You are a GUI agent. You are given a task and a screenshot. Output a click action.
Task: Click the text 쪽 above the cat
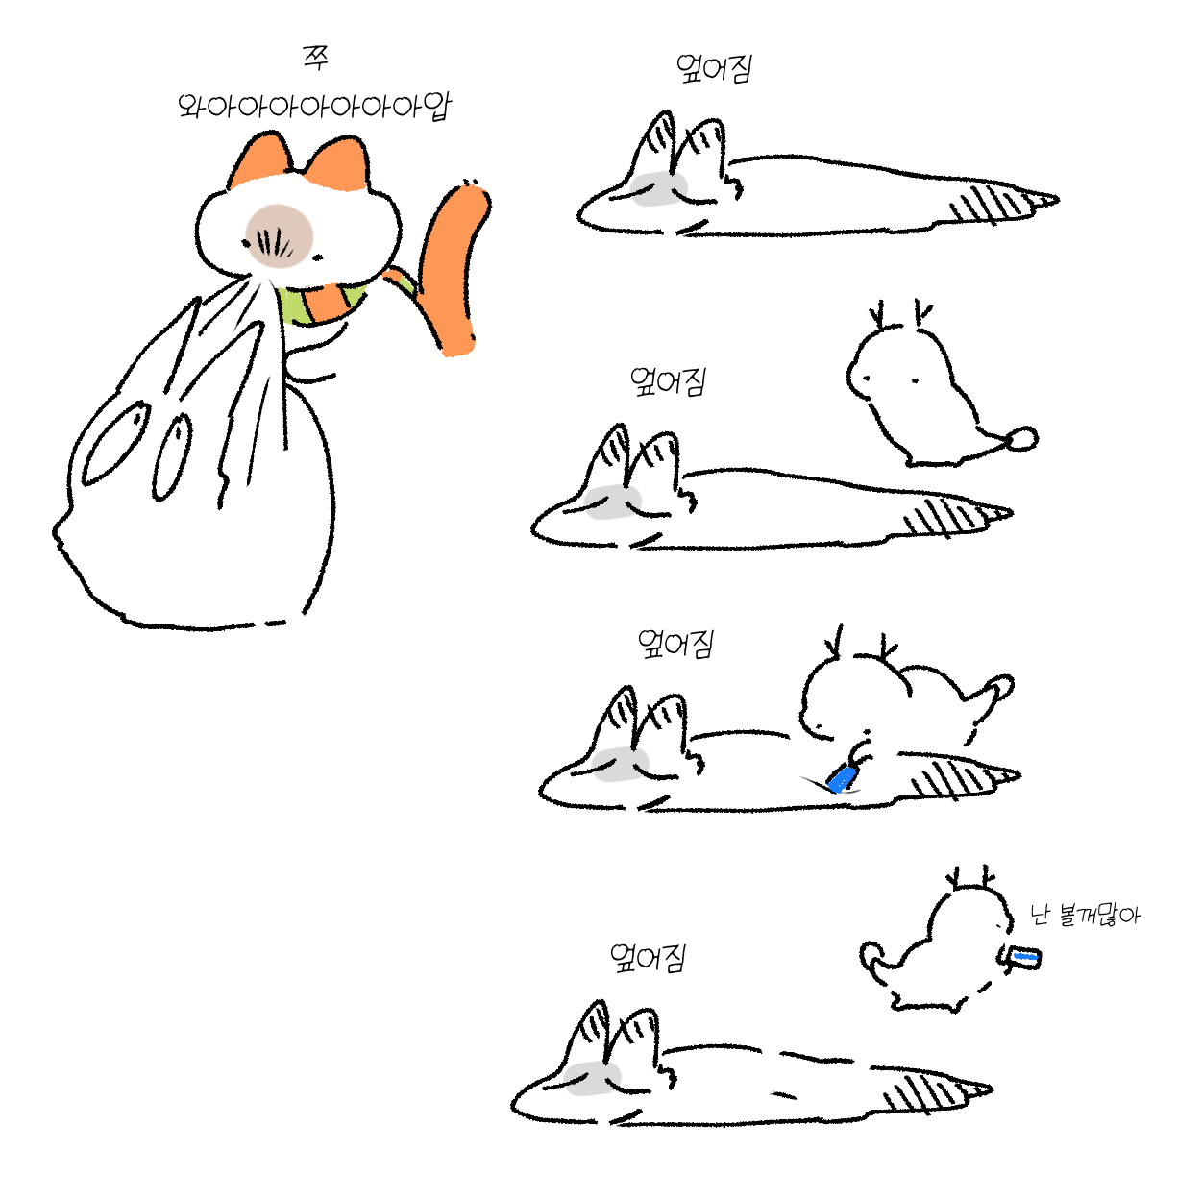coord(315,58)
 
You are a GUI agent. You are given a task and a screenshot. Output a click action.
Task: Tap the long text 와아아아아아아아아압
coord(314,107)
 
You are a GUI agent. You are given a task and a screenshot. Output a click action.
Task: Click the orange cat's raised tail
coord(453,268)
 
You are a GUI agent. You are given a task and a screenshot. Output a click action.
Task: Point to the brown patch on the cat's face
coord(279,235)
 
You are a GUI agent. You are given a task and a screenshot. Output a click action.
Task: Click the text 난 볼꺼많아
coord(1085,916)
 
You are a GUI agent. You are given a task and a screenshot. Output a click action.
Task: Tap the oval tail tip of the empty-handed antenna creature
coord(1022,438)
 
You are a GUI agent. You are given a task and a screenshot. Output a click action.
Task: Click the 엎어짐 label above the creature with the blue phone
coord(675,644)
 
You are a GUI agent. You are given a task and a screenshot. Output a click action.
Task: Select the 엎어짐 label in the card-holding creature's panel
coord(648,958)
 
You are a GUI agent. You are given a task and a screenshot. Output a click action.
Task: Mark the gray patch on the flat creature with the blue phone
coord(620,764)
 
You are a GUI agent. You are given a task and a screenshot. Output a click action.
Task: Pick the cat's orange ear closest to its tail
coord(337,163)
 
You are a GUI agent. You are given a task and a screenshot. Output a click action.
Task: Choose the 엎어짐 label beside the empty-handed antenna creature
coord(668,381)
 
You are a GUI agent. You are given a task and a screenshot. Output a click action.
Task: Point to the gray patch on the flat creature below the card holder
coord(591,1078)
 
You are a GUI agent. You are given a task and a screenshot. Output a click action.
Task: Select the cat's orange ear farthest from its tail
coord(260,159)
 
